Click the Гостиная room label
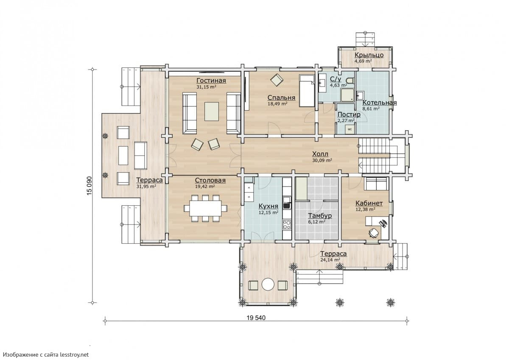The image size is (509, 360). pos(211,81)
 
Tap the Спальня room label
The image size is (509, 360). pos(281,98)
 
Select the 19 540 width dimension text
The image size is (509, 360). pos(256,318)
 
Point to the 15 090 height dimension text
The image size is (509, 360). pos(89,186)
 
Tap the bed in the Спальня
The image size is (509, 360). pos(307,91)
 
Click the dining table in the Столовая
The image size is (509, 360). pos(206,208)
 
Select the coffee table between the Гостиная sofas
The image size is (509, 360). pos(212,112)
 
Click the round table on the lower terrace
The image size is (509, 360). pos(268,284)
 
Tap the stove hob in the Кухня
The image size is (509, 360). pos(287,224)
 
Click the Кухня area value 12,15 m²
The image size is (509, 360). pos(268,212)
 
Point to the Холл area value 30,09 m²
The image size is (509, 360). pos(322,160)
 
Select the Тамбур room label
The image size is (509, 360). pos(320,215)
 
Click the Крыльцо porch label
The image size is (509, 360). pos(369,55)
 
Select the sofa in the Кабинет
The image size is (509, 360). pos(376,184)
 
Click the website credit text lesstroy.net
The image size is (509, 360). pos(74,354)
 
